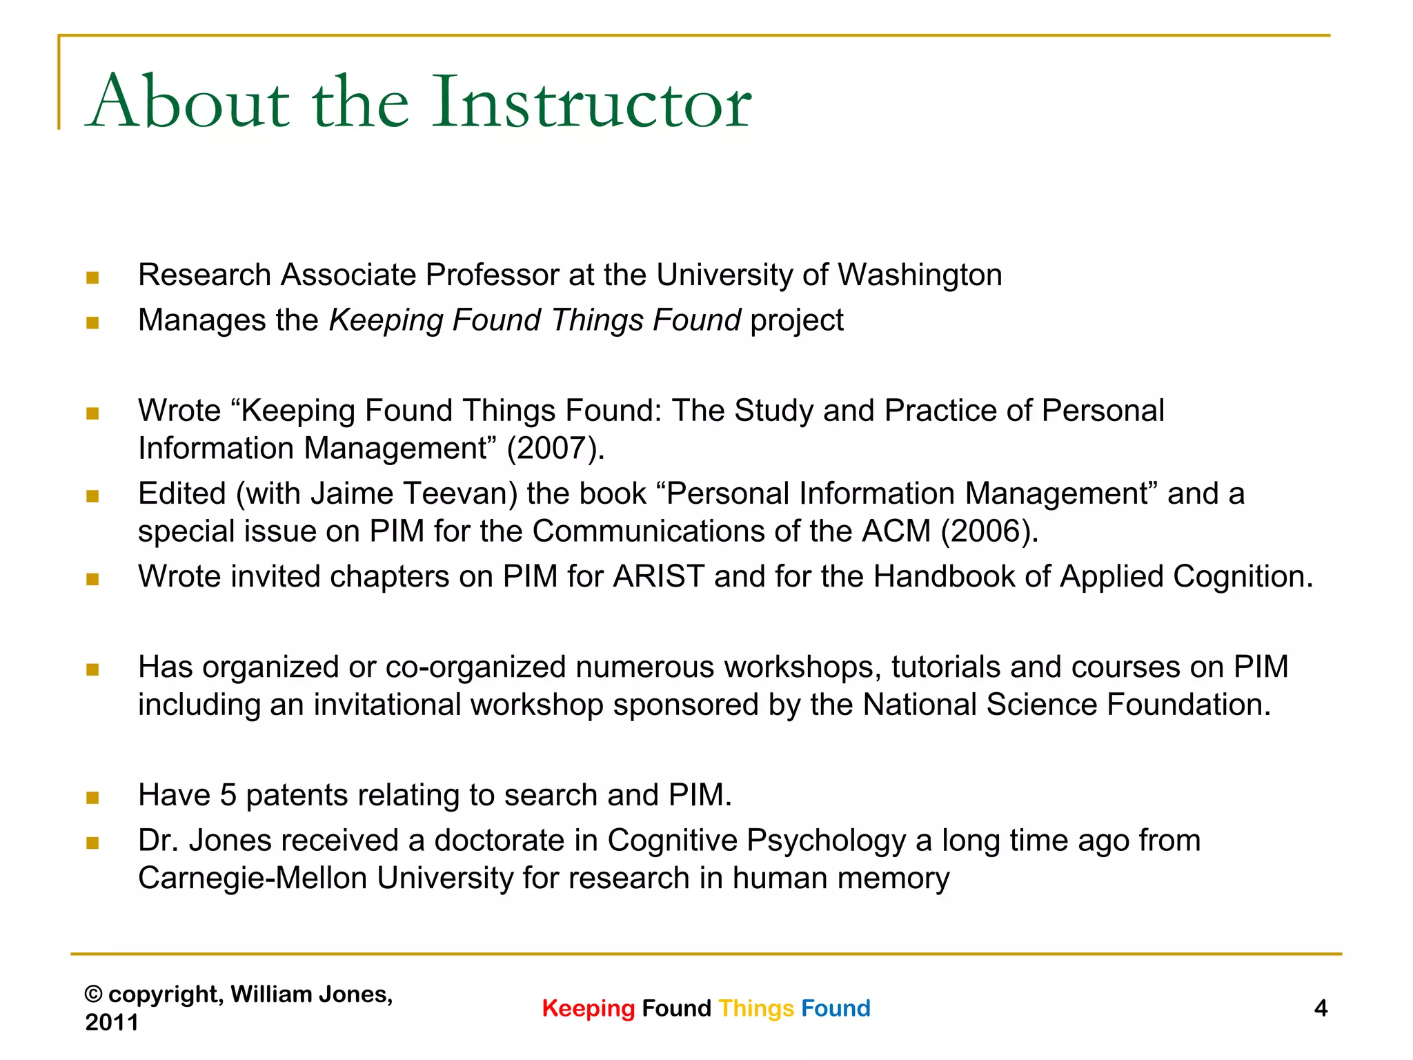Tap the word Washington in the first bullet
coord(919,275)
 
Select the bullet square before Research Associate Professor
coord(92,278)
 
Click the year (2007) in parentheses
coord(555,448)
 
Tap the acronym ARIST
coord(658,576)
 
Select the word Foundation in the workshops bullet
coord(1188,705)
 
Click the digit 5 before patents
coord(228,795)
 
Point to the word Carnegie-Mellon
coord(253,879)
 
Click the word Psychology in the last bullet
coord(826,841)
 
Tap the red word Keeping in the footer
coord(588,1008)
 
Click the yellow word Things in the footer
coord(756,1008)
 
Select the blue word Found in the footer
coord(836,1008)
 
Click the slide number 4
coord(1321,1008)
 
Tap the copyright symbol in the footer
coord(94,994)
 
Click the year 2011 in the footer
coord(112,1022)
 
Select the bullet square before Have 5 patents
coord(92,798)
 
